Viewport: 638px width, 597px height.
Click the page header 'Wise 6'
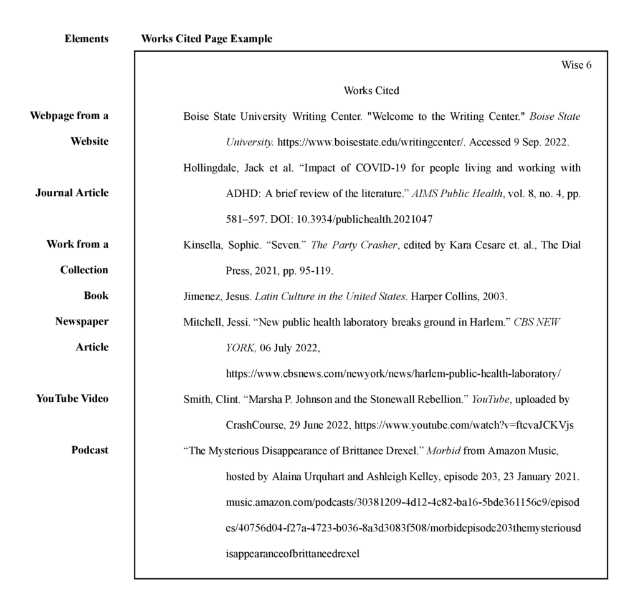click(576, 65)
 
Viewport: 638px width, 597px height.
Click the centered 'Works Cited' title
click(371, 91)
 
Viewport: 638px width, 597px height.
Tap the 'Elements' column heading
click(87, 39)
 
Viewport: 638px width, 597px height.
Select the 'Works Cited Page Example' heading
click(207, 39)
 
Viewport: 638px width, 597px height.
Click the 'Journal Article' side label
click(72, 193)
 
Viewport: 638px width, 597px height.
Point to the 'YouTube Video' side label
click(72, 399)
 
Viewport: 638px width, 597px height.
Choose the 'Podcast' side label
click(90, 450)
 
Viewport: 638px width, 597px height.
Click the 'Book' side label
click(96, 296)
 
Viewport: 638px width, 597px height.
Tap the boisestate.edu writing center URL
click(370, 142)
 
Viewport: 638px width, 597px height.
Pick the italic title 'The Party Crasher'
click(354, 245)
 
